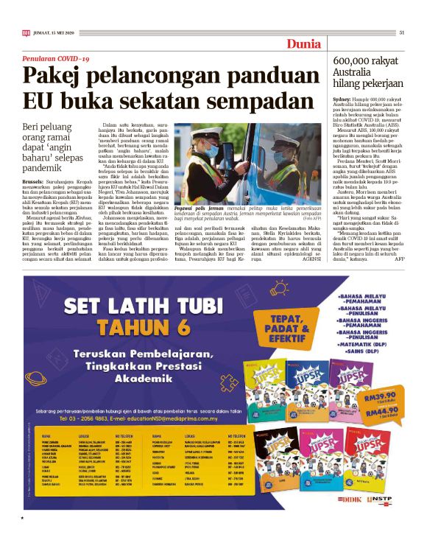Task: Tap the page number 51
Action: click(402, 32)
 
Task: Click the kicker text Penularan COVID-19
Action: click(55, 57)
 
